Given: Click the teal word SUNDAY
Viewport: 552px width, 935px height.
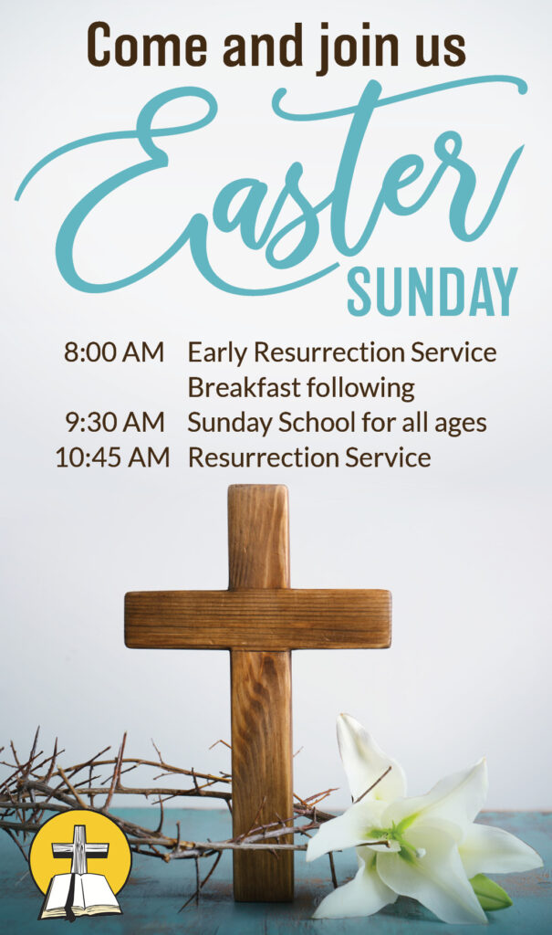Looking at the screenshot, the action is (x=432, y=291).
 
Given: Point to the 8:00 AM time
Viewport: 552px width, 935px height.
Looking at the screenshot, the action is (x=114, y=352).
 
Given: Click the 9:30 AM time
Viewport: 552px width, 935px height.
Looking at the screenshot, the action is (x=114, y=423).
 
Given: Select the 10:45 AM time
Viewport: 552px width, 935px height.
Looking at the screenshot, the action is (x=112, y=458).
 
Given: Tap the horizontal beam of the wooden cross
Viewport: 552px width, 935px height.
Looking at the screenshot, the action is (x=258, y=619).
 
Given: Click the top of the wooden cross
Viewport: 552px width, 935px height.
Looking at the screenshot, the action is (x=258, y=488).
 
